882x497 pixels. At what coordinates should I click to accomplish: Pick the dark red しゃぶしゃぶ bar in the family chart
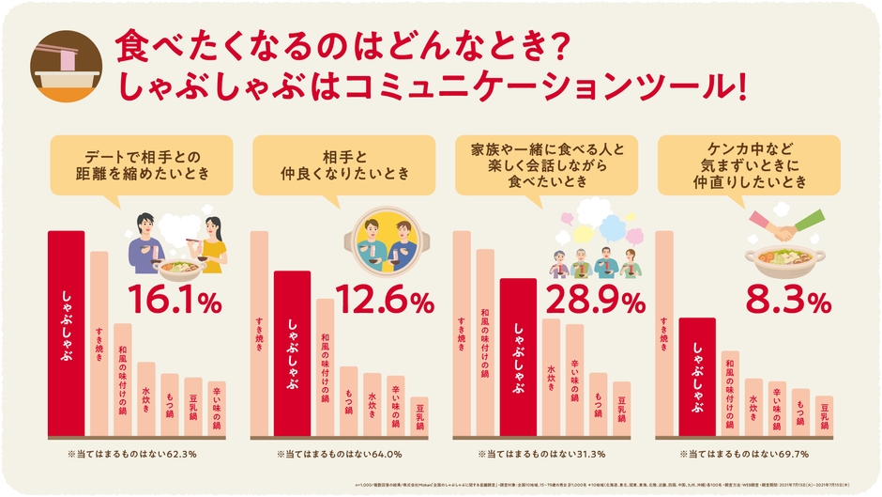pos(518,357)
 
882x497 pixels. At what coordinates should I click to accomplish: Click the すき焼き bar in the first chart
pos(99,343)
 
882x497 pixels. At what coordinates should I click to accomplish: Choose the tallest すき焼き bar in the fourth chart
pos(664,334)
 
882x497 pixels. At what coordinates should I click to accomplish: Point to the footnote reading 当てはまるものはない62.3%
pos(132,454)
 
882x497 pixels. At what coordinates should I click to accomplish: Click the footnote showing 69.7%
pos(741,454)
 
